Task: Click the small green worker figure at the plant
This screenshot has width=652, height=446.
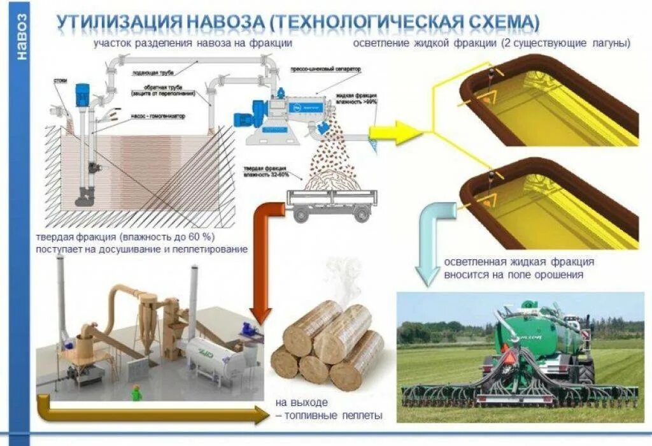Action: coord(136,393)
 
